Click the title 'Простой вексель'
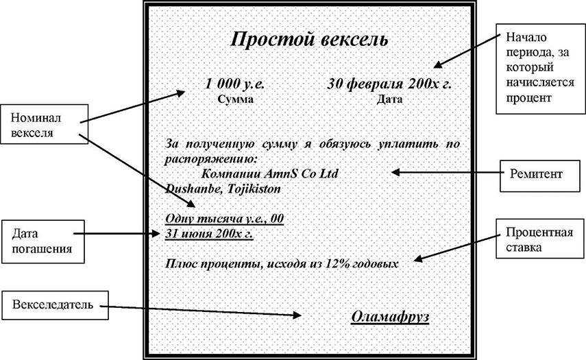[x=309, y=40]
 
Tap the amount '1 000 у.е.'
[x=234, y=83]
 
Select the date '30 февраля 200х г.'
[x=389, y=84]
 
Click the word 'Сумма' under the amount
[x=236, y=99]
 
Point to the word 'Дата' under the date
[x=389, y=99]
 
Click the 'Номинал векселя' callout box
[x=44, y=124]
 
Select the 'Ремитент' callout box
[x=540, y=176]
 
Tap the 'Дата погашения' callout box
[x=43, y=241]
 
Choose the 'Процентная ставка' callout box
[x=540, y=239]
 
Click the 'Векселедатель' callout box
[x=55, y=305]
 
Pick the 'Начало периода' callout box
[x=540, y=69]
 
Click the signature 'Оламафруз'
[x=390, y=316]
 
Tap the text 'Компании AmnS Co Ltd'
[x=269, y=173]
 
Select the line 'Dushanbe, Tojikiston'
[x=223, y=189]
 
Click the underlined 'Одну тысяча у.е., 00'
[x=224, y=218]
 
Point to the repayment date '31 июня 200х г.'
[x=209, y=234]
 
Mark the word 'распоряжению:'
[x=211, y=159]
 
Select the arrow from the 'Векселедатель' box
[x=201, y=311]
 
